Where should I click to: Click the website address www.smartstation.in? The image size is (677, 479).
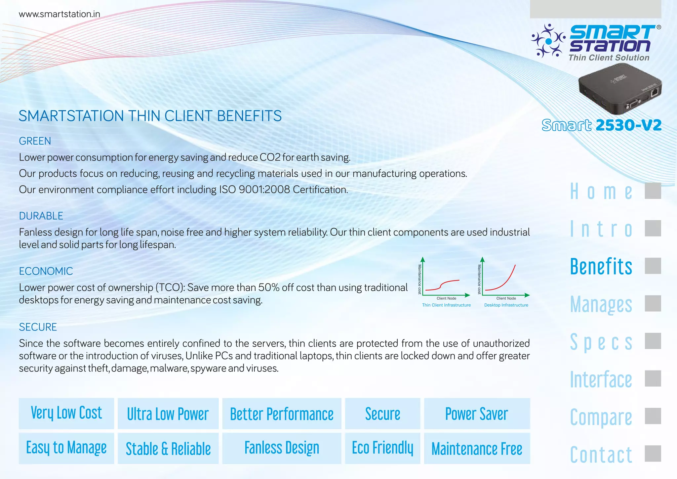(x=60, y=14)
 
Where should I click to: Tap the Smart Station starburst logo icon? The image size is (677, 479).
(x=548, y=41)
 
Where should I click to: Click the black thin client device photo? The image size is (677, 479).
(x=620, y=90)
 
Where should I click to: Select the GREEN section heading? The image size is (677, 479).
(x=35, y=141)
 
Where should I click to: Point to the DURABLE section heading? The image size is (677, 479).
(x=41, y=216)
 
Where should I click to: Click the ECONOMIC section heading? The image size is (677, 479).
(x=46, y=271)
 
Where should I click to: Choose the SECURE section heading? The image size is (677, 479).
(x=38, y=327)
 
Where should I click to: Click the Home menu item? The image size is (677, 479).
(x=601, y=192)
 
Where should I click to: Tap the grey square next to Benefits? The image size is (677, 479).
(x=653, y=266)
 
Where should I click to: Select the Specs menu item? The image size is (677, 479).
(x=601, y=342)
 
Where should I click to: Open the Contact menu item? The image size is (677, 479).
(x=601, y=455)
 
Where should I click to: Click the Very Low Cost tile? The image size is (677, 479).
(x=66, y=414)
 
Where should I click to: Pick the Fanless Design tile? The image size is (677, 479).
(x=282, y=448)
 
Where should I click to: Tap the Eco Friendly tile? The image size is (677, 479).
(x=382, y=448)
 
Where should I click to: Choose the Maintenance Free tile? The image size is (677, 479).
(x=477, y=449)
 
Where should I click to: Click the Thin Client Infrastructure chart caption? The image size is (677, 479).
(x=446, y=305)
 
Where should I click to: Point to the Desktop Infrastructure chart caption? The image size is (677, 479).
(x=506, y=305)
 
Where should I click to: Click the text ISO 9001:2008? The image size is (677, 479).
(x=255, y=190)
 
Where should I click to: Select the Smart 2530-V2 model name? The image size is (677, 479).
(x=602, y=125)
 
